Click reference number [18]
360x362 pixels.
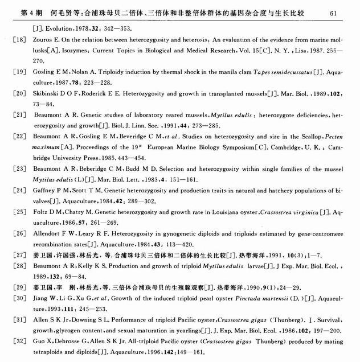(19, 40)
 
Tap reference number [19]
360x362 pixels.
(19, 72)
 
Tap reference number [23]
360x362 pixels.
(19, 168)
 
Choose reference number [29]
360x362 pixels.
(19, 287)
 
